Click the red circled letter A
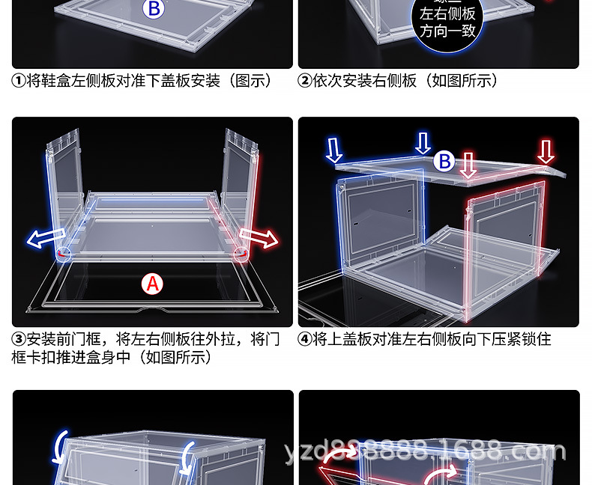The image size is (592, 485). [153, 284]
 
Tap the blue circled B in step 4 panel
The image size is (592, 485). [445, 160]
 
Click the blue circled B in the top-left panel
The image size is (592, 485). [154, 9]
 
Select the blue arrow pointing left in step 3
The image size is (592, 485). [44, 240]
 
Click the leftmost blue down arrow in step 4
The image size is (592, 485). [334, 150]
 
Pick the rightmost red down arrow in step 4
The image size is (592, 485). [546, 151]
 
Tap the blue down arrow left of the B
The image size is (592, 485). [423, 143]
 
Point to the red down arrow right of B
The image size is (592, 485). [468, 165]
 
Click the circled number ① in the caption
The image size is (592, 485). [19, 81]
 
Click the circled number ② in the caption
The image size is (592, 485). [305, 81]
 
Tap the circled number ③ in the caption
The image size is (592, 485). [19, 340]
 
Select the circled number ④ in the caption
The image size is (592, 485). [305, 340]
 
